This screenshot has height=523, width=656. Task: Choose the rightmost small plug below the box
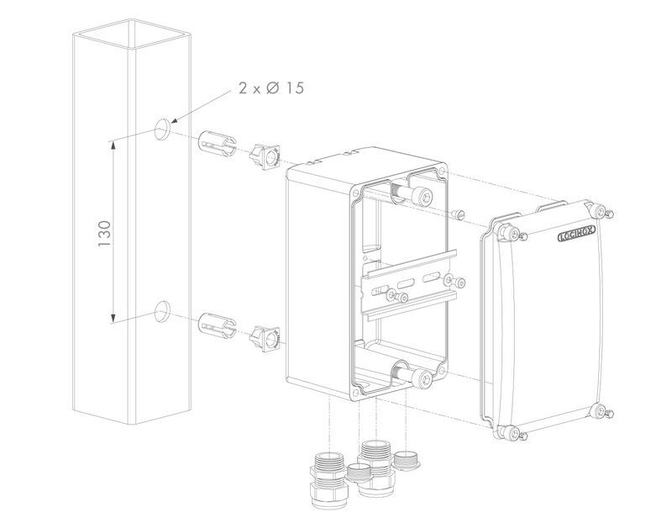coord(409,462)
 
